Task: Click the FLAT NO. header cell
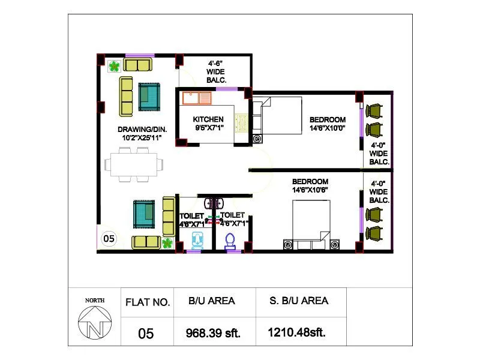[148, 302]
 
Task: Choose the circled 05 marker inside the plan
[109, 238]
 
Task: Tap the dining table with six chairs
[134, 163]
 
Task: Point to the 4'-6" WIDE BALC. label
[215, 71]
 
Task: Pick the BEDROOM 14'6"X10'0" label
[328, 124]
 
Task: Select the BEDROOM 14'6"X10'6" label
[310, 186]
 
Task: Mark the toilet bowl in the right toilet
[229, 241]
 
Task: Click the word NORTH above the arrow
[94, 300]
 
